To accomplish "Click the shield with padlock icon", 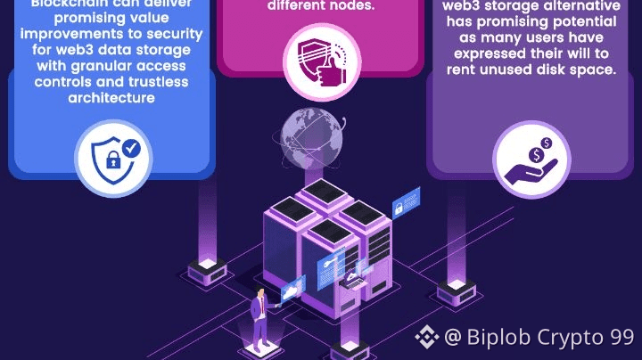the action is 113,158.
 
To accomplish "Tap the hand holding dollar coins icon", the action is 531,159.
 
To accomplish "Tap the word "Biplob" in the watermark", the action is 498,338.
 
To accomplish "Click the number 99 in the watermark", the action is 621,338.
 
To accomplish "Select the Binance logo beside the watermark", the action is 426,337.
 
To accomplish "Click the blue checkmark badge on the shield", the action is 132,147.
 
